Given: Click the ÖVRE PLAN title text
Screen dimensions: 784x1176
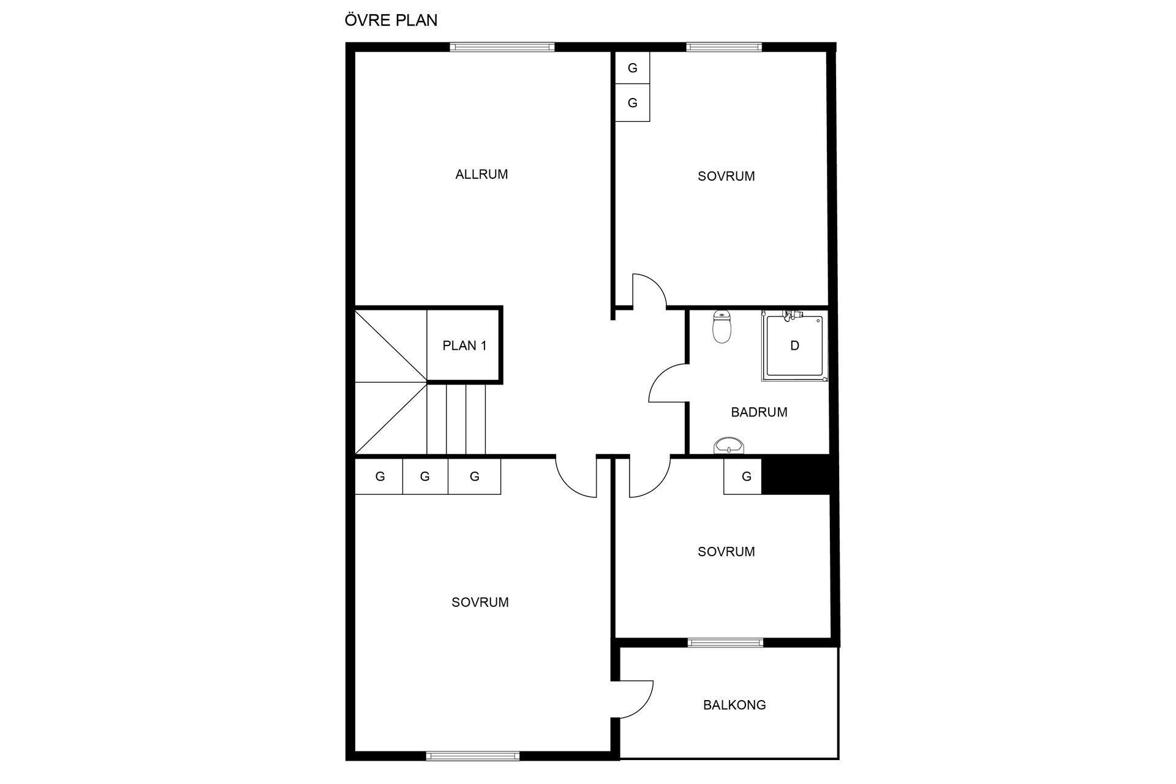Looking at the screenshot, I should coord(391,20).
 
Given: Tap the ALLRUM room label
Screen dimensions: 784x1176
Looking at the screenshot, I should coord(481,175).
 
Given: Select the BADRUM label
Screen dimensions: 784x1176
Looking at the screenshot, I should coord(759,412).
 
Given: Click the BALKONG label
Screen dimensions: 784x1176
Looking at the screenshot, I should coord(734,705).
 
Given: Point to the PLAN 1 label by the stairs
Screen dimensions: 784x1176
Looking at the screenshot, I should coord(464,345).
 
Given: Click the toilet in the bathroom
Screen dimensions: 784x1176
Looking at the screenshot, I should coord(722,328).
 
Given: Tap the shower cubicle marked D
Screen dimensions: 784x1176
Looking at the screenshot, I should coord(794,346).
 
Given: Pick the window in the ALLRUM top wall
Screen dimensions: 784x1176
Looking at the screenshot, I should coord(502,47).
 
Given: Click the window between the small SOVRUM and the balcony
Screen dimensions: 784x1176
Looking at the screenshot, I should coord(725,643).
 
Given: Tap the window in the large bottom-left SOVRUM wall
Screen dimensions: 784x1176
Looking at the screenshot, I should coord(473,756).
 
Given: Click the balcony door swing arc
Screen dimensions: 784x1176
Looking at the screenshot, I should coord(640,698).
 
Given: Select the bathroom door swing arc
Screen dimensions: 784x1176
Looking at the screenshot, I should coord(665,383).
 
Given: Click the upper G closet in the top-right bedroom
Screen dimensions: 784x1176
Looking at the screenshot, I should coord(632,69).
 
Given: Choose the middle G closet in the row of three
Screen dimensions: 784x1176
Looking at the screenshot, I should coord(425,477).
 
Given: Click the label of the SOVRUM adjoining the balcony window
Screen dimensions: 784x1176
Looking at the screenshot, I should coord(726,552).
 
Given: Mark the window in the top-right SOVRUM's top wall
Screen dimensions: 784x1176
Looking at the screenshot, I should coord(724,47).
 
